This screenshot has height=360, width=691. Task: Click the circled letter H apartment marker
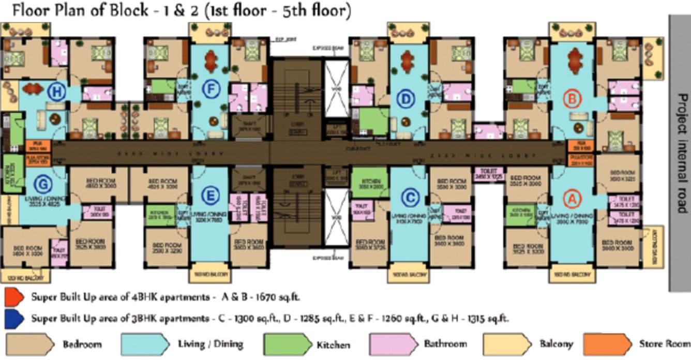[x=56, y=93]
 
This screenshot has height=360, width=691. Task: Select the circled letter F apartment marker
[x=209, y=89]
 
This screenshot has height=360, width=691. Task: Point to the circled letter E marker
[x=209, y=196]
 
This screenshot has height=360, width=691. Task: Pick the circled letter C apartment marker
[x=410, y=197]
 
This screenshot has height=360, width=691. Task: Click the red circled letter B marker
[x=572, y=97]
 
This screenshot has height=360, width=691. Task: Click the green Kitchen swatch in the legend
[x=287, y=344]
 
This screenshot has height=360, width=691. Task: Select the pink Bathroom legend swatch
[x=394, y=343]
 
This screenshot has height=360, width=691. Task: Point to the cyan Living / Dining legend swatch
[x=145, y=343]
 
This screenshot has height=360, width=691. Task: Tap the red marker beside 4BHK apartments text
[x=14, y=297]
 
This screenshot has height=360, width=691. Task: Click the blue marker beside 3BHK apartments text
[x=14, y=318]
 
